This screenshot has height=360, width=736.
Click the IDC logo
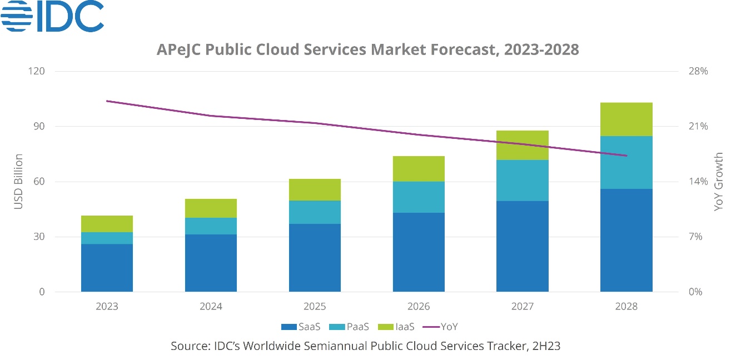click(x=52, y=16)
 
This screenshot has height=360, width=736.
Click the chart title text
click(x=368, y=49)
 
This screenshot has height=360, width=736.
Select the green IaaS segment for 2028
click(x=626, y=119)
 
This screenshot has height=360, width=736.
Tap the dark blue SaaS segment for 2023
click(x=107, y=268)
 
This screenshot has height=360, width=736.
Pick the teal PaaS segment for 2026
click(x=419, y=197)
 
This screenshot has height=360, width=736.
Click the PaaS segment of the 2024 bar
click(x=211, y=226)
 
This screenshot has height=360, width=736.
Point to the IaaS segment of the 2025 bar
click(x=315, y=189)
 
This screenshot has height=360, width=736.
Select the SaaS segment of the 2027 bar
click(x=523, y=246)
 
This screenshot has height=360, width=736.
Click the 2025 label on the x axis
click(x=315, y=306)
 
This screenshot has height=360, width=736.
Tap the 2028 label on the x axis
click(x=626, y=306)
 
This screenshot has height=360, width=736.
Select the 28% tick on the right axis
click(x=699, y=72)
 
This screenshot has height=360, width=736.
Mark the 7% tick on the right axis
click(x=697, y=237)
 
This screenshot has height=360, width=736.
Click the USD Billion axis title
click(x=18, y=182)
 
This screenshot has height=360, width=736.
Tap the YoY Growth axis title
click(x=719, y=182)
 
